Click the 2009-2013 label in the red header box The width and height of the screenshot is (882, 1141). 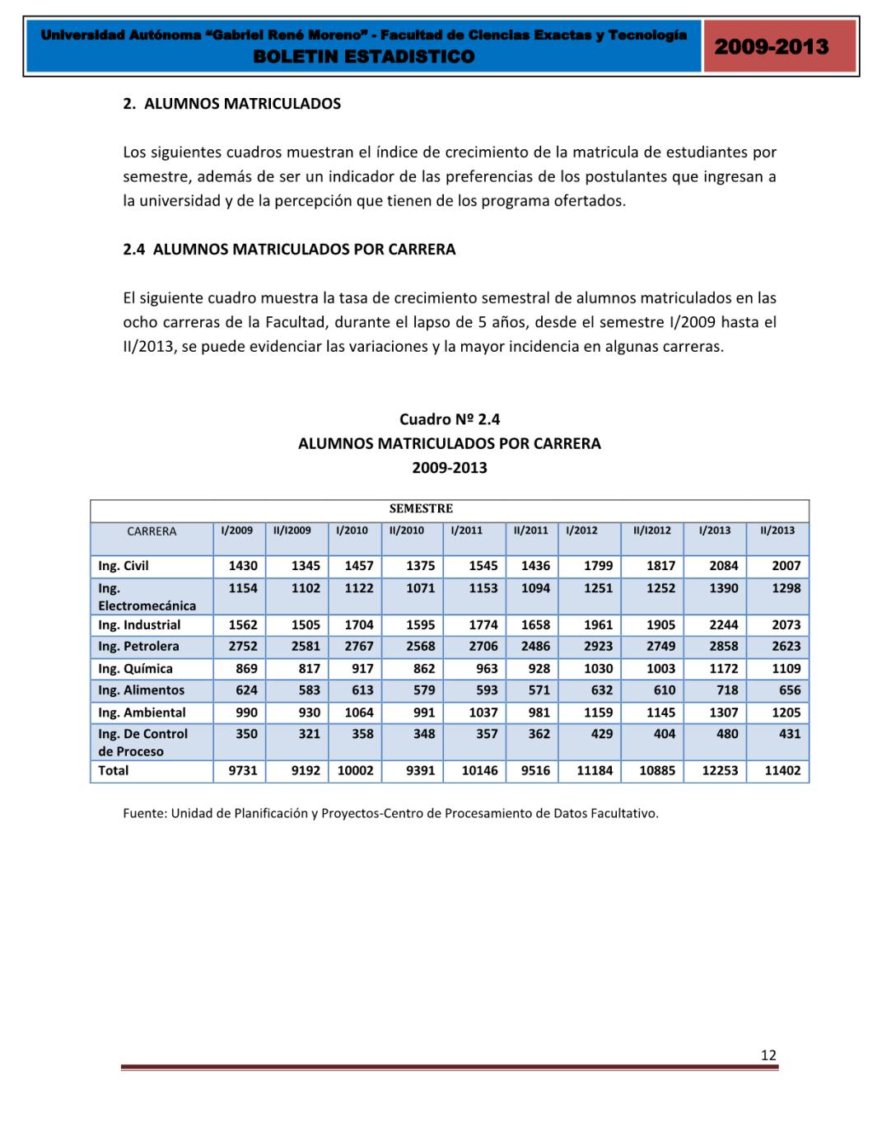[x=771, y=47]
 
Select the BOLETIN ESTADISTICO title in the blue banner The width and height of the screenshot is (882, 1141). [x=364, y=57]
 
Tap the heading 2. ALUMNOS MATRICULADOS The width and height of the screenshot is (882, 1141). [x=231, y=104]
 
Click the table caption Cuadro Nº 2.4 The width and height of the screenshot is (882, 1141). [x=450, y=419]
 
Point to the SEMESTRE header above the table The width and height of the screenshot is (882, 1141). [x=421, y=509]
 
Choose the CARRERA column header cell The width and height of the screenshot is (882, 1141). [x=152, y=531]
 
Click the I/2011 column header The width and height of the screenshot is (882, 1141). [x=467, y=531]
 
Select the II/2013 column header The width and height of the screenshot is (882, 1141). [x=777, y=531]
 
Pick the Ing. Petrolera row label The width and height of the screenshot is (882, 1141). [x=138, y=647]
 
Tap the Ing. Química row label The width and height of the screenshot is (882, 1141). [x=135, y=669]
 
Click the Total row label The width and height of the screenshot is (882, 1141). [x=114, y=771]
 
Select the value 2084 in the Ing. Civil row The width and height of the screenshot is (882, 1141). [x=724, y=566]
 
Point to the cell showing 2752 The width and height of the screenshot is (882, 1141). [x=243, y=647]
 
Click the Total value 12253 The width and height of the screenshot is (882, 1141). [x=720, y=771]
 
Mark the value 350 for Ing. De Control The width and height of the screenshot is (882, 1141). [x=246, y=734]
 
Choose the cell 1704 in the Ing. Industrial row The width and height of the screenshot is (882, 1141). [x=358, y=625]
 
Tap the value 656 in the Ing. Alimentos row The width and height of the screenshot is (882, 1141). [x=789, y=690]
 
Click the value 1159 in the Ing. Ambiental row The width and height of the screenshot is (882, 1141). [x=598, y=713]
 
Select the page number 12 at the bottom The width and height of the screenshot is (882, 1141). [x=768, y=1055]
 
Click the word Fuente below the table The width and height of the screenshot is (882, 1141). [x=143, y=814]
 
